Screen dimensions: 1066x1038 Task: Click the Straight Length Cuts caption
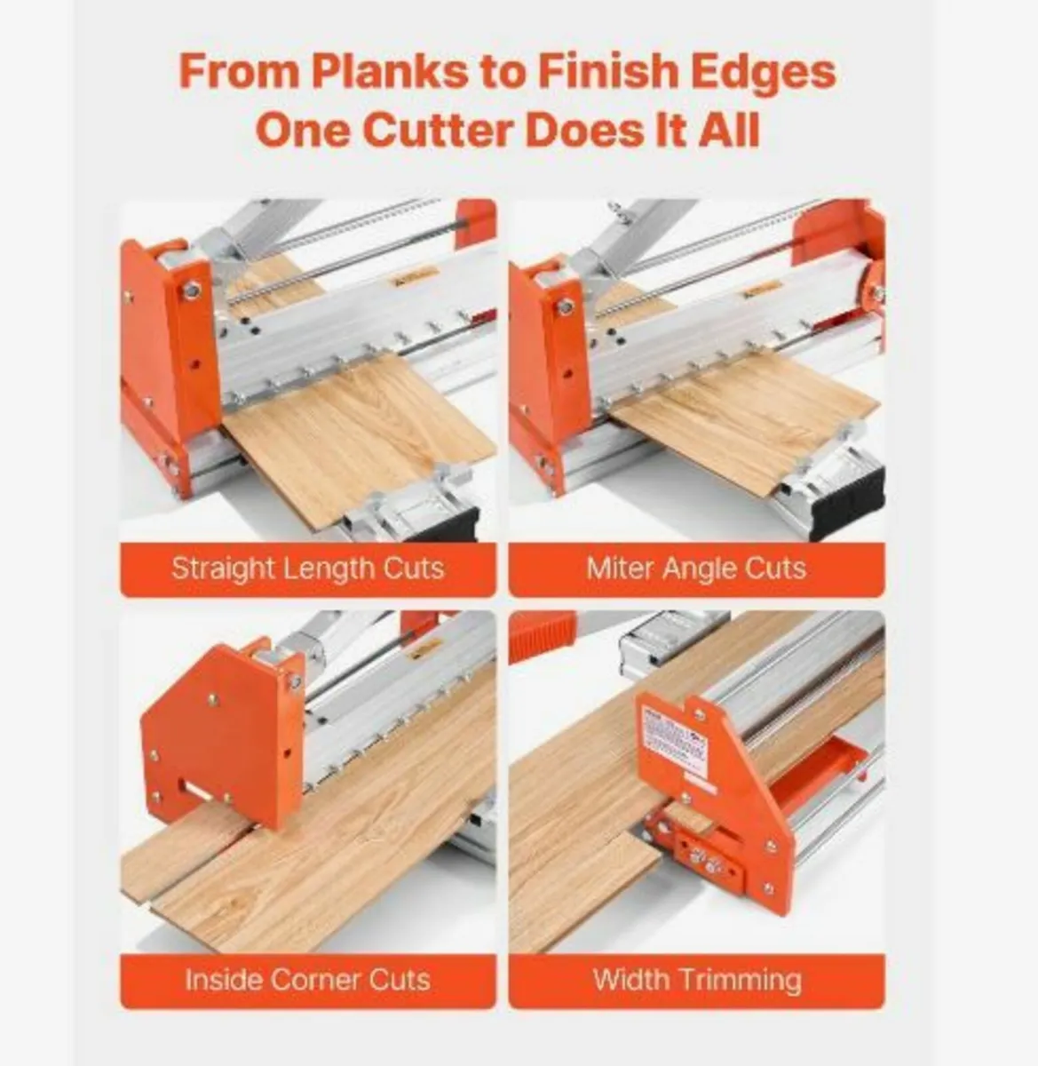[x=307, y=569]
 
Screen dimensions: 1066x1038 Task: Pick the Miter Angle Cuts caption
[x=696, y=569]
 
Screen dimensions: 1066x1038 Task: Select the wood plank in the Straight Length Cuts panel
[x=355, y=435]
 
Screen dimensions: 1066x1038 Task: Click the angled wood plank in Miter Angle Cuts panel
[x=737, y=418]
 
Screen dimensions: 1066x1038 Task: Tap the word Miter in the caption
[x=618, y=569]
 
